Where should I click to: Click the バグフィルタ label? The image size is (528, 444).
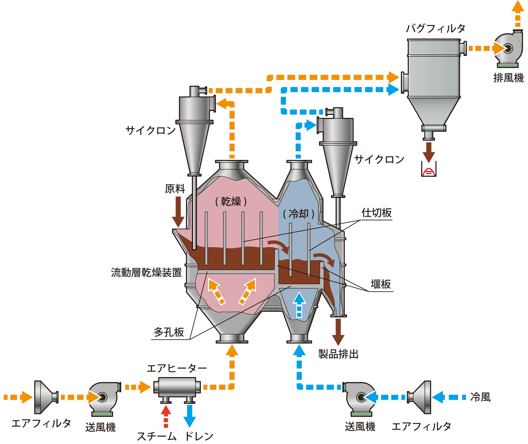[436, 28]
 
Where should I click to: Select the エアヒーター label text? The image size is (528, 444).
[177, 369]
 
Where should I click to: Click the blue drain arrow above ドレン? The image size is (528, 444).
[189, 415]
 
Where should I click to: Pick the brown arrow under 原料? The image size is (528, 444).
[178, 212]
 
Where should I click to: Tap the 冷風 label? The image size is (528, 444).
[480, 397]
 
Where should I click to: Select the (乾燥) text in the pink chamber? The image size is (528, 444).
[231, 202]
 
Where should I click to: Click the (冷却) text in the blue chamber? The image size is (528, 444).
[299, 214]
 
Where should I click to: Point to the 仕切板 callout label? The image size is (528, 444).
[376, 213]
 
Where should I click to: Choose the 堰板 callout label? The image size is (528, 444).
[381, 284]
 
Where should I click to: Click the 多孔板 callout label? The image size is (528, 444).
[169, 332]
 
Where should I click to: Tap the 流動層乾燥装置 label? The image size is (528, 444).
[146, 272]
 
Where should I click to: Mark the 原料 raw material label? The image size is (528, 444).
[175, 189]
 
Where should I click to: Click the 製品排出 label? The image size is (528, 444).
[338, 354]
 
